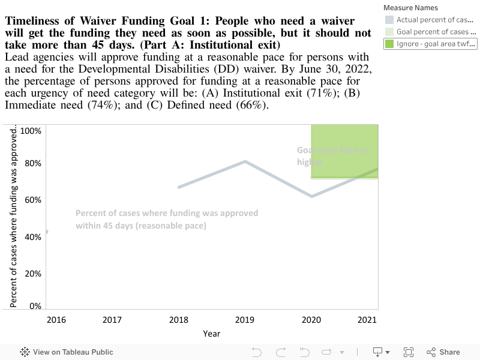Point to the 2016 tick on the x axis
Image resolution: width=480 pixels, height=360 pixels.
56,320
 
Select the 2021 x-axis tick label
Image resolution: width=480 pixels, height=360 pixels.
367,320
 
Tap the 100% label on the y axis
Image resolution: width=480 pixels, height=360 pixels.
31,131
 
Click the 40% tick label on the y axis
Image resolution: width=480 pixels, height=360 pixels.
33,237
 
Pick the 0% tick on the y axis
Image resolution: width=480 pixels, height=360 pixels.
35,306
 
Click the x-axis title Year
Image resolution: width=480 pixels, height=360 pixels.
211,334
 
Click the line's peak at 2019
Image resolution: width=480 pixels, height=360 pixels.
245,161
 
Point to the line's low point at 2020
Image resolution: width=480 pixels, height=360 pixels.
312,196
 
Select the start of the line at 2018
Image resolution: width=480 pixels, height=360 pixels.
179,187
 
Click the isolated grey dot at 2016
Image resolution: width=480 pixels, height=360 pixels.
46,232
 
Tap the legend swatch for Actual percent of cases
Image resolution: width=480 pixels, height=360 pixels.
389,20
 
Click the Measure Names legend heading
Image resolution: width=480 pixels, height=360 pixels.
411,8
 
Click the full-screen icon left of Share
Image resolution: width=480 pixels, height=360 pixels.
409,352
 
